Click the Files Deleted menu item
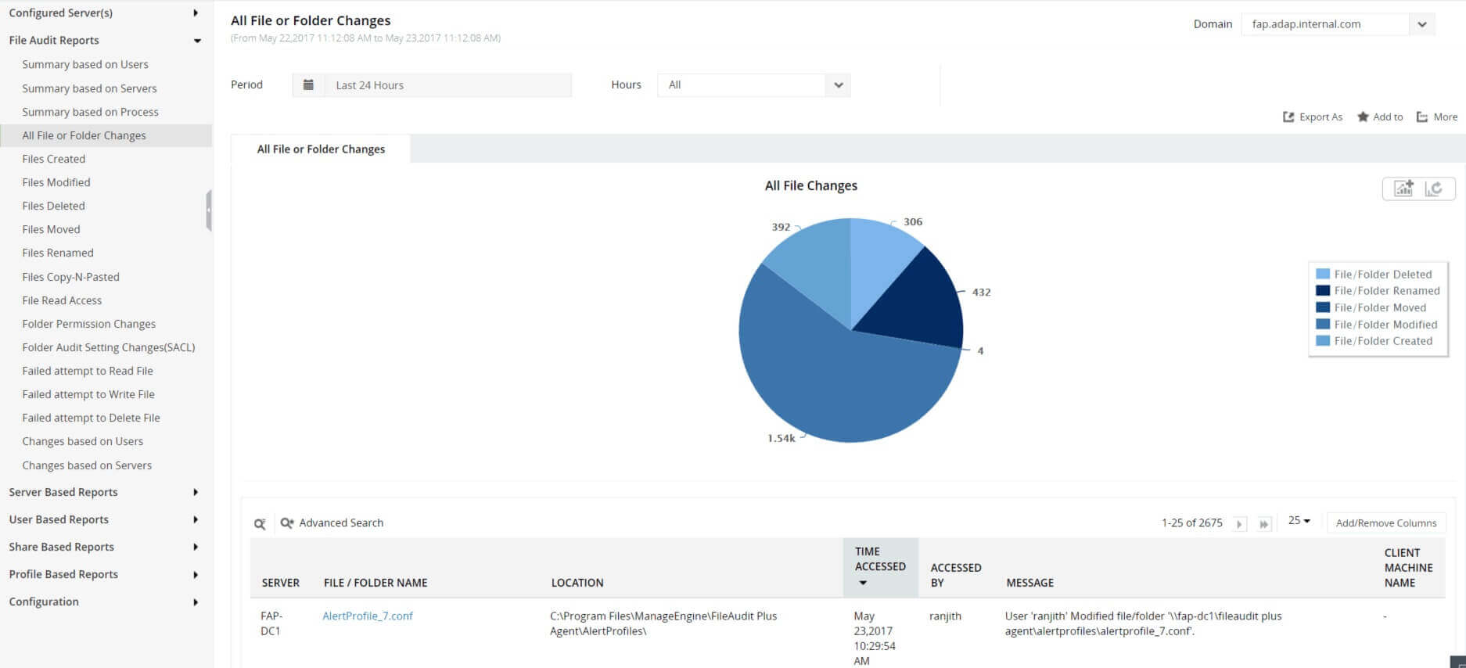(x=53, y=206)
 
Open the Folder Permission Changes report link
(x=88, y=324)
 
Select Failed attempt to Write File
(x=88, y=394)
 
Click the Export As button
(x=1313, y=117)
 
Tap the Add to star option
(x=1380, y=117)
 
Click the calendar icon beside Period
(x=309, y=85)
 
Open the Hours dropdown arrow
(x=838, y=85)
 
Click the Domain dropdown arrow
(x=1421, y=24)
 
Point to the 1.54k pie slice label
(x=781, y=438)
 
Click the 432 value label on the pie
(x=981, y=293)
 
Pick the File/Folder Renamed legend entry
(x=1378, y=291)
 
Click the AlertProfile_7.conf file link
(x=368, y=616)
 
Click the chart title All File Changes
(x=810, y=186)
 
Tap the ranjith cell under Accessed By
(x=945, y=616)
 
